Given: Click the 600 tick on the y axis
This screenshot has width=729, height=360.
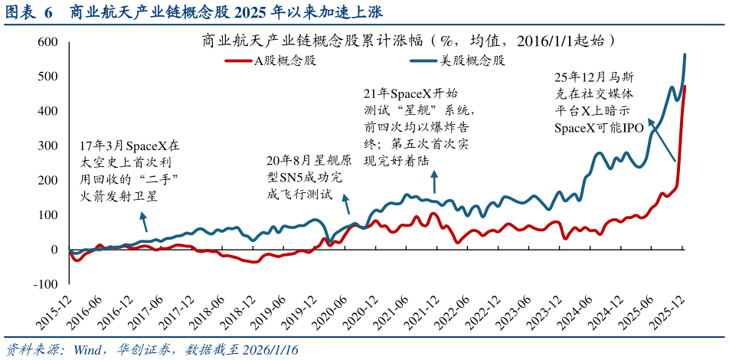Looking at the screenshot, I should tap(48, 41).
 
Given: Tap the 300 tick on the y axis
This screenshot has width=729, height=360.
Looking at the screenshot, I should tap(48, 146).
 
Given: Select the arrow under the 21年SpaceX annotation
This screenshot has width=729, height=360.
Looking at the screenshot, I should tap(434, 182).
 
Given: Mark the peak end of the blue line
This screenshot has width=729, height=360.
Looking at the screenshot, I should tap(685, 54).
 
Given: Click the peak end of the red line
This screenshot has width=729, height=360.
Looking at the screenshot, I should tap(685, 86).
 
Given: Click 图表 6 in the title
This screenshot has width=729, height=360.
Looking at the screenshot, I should tap(29, 12).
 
